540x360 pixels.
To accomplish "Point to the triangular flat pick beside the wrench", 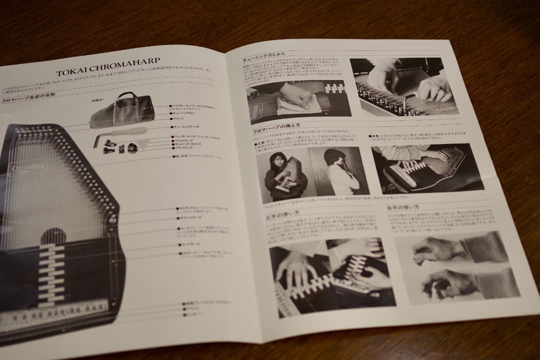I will click(x=144, y=145).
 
